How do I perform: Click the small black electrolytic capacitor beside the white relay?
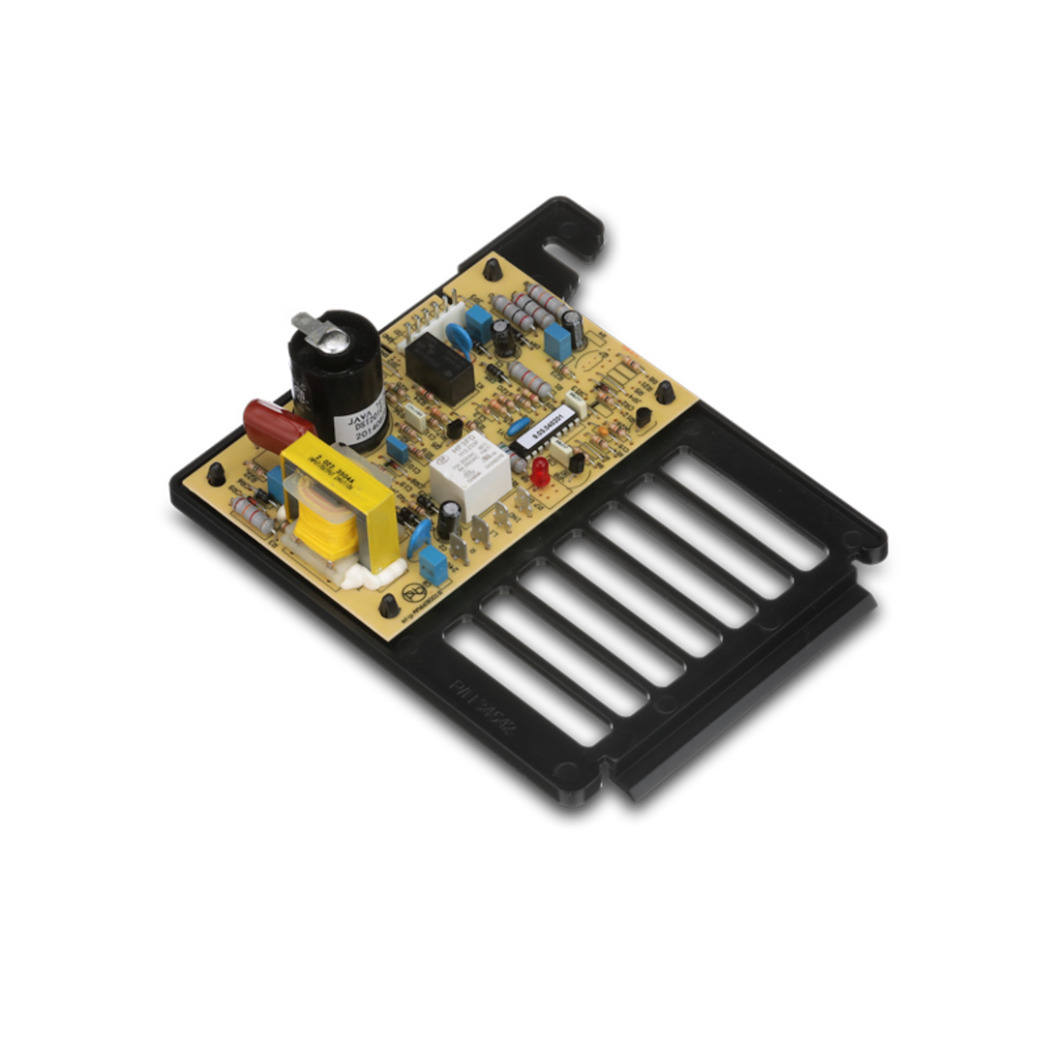click(446, 521)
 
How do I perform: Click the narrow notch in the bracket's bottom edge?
click(606, 774)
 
